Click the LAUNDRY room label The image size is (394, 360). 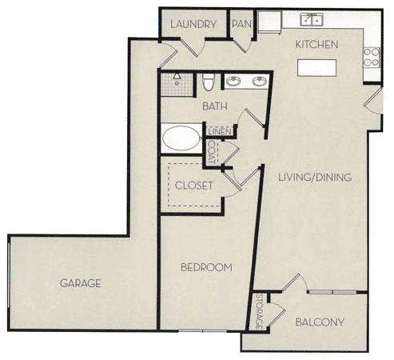click(x=194, y=24)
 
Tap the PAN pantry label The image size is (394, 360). click(x=241, y=24)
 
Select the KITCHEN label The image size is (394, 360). click(x=317, y=45)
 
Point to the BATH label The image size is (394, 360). click(x=214, y=106)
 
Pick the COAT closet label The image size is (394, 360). click(x=213, y=151)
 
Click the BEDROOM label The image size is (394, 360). click(x=205, y=266)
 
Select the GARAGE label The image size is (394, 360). click(x=81, y=282)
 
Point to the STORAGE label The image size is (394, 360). click(x=260, y=313)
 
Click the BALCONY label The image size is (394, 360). click(x=319, y=323)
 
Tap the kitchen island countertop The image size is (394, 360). click(x=317, y=67)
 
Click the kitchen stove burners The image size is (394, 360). click(x=372, y=55)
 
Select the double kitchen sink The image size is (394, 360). click(x=312, y=19)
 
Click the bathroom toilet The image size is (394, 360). click(x=208, y=82)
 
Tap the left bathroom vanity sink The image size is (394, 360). click(x=233, y=81)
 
